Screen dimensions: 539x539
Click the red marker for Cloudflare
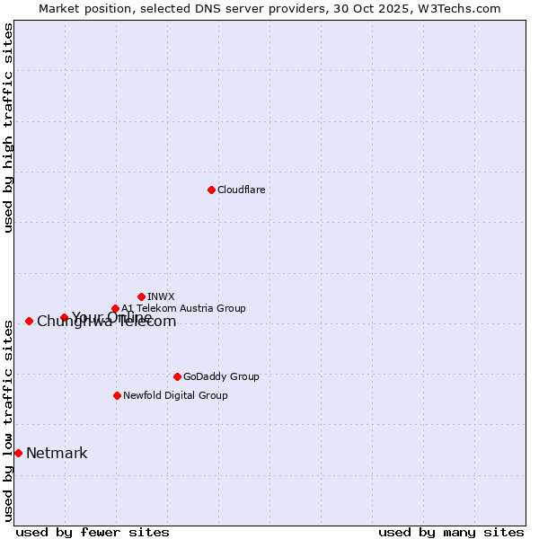tap(211, 190)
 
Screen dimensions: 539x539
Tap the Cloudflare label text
tap(241, 190)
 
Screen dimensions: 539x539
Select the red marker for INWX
tap(141, 296)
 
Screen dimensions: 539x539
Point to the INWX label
tap(161, 296)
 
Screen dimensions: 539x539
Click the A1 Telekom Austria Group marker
tap(115, 309)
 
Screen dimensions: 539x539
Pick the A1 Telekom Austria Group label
tap(183, 308)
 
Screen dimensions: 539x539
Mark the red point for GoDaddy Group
tap(177, 376)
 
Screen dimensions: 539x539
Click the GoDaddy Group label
tap(221, 376)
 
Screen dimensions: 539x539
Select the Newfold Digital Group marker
tap(117, 395)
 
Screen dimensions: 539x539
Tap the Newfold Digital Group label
tap(175, 395)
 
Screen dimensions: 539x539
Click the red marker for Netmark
tap(18, 453)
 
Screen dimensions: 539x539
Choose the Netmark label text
tap(57, 453)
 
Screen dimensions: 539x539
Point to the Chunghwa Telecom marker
tap(29, 321)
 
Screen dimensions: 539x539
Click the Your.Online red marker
tap(64, 317)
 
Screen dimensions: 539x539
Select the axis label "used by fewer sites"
tap(93, 532)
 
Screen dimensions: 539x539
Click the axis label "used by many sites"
tap(451, 532)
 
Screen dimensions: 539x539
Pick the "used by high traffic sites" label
tap(8, 128)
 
